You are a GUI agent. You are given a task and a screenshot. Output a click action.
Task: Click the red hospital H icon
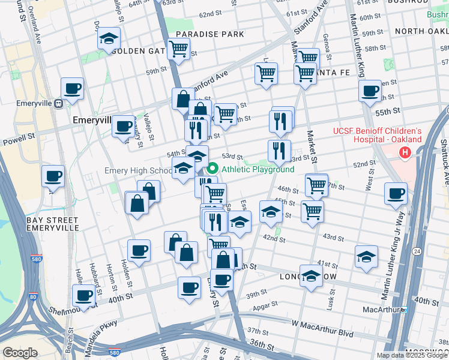coord(405,154)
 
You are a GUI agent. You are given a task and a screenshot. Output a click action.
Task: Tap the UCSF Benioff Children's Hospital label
coord(378,135)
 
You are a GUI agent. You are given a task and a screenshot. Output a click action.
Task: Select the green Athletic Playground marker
coord(213,169)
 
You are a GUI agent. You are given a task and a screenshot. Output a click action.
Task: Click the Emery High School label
coord(138,171)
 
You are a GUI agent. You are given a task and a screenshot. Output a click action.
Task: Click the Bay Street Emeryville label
coord(53,224)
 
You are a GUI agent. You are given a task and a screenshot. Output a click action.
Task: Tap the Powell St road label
coord(18,136)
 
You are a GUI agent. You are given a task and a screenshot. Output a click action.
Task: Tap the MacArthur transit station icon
coord(404,310)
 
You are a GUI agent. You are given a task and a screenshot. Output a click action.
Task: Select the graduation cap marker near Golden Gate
coord(109,39)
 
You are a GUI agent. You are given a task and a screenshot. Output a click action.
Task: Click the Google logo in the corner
coord(20,353)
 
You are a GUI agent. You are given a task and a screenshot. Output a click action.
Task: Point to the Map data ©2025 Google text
coord(411,355)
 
